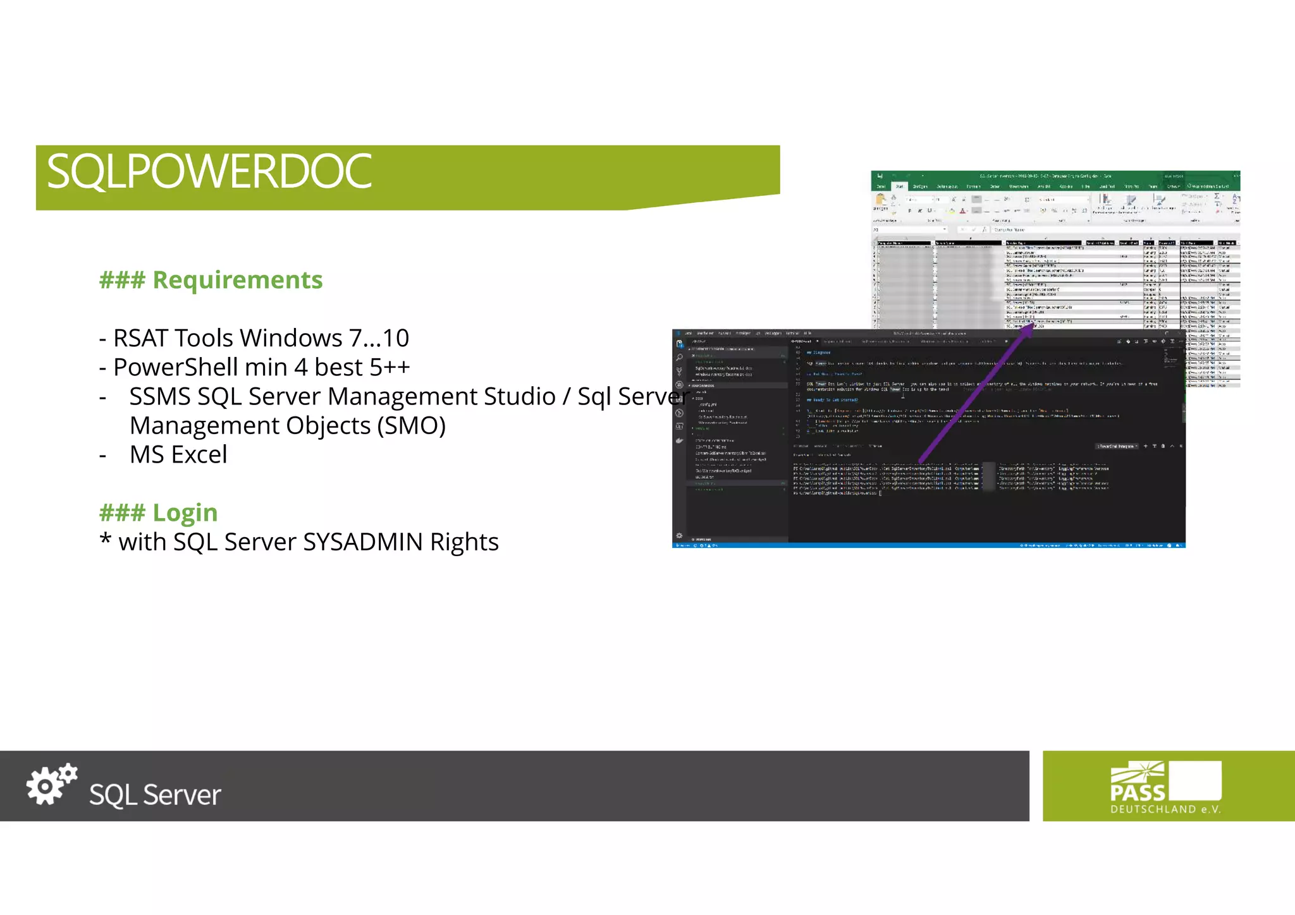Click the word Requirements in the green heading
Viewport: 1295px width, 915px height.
[238, 280]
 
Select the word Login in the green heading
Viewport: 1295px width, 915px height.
[185, 512]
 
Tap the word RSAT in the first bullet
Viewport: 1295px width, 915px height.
[140, 338]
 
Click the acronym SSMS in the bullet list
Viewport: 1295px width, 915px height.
[160, 396]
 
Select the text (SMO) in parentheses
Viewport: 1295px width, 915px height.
[412, 425]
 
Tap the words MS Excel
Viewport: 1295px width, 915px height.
[178, 454]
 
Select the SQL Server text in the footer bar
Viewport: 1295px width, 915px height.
[155, 794]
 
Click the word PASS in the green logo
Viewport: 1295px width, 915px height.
[1138, 792]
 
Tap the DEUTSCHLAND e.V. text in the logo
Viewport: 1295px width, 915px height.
[1165, 809]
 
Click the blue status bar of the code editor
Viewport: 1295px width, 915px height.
[928, 545]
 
